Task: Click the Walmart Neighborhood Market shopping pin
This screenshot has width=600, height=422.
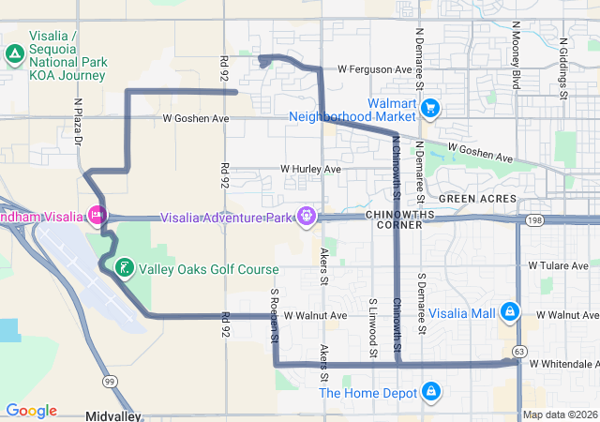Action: tap(430, 108)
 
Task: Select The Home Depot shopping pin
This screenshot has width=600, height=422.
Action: tap(430, 390)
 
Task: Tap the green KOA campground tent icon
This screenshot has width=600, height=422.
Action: tap(14, 54)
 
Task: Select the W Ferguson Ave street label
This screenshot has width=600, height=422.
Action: tap(375, 69)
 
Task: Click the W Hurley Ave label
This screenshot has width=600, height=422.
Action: tap(311, 170)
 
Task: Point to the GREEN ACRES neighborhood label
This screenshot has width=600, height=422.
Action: tap(472, 198)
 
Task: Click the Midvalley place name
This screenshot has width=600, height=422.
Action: tap(112, 414)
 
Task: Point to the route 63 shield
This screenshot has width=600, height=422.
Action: tap(520, 350)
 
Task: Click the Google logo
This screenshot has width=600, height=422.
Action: tap(31, 411)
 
